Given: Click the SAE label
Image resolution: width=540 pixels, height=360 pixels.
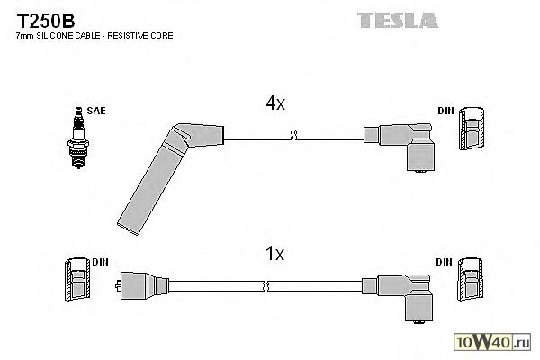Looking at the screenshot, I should click(96, 111).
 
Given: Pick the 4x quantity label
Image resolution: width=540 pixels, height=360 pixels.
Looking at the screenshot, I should click(275, 104).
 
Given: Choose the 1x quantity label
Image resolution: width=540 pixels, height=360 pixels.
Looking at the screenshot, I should click(275, 254).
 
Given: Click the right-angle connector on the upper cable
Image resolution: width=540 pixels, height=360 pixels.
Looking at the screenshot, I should click(405, 144).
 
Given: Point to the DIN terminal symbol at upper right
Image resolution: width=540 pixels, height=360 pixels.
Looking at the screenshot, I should click(470, 130).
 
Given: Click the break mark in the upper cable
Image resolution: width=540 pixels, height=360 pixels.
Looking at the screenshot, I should click(294, 135).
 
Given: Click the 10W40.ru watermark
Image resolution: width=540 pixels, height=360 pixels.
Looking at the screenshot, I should click(494, 342).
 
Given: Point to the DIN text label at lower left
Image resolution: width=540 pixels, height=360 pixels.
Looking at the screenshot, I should click(100, 262).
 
